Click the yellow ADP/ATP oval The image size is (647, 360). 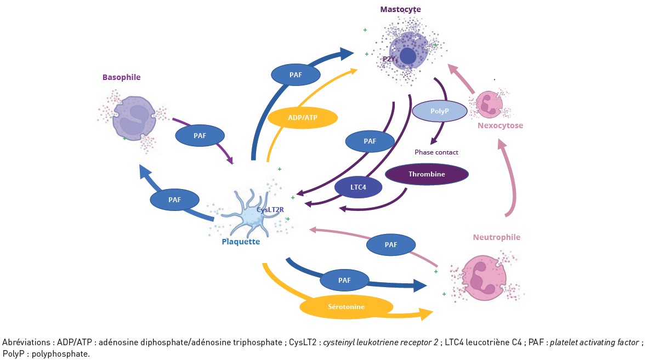pyautogui.click(x=302, y=117)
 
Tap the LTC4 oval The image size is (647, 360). pyautogui.click(x=359, y=187)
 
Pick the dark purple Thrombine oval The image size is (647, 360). pyautogui.click(x=427, y=174)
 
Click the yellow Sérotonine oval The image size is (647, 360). pyautogui.click(x=346, y=307)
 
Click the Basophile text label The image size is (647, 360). pyautogui.click(x=121, y=77)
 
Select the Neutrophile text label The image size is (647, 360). pyautogui.click(x=496, y=237)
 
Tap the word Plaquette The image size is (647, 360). pyautogui.click(x=241, y=241)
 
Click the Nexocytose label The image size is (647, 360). pyautogui.click(x=500, y=125)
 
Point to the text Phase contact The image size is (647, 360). pyautogui.click(x=436, y=152)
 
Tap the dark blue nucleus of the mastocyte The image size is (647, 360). pyautogui.click(x=408, y=55)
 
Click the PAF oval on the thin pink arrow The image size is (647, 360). pyautogui.click(x=391, y=245)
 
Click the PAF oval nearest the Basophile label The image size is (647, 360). pyautogui.click(x=200, y=134)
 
